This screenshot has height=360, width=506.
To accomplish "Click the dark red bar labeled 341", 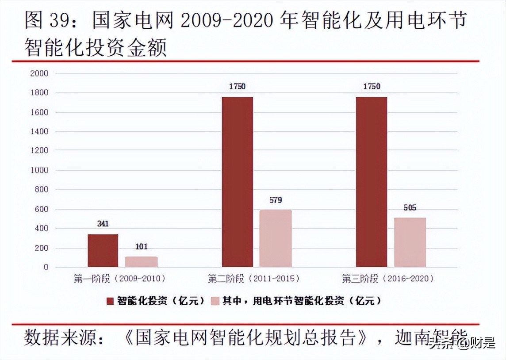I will [103, 251].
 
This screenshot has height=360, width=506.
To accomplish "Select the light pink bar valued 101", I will [141, 262].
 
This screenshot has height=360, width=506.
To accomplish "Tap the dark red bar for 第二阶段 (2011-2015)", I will [238, 182].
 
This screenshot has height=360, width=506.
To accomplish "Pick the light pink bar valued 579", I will [275, 238].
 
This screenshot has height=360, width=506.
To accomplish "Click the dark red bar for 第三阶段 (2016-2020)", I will [372, 182].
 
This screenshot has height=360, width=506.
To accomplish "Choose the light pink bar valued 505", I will [410, 242].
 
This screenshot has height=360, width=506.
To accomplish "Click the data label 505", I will [410, 207].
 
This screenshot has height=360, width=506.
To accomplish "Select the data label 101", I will [141, 247].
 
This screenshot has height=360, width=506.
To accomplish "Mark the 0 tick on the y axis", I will [46, 268].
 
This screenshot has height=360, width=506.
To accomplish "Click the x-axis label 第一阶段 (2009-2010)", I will [119, 279].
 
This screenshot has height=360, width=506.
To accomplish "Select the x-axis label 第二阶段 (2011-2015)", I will [253, 279].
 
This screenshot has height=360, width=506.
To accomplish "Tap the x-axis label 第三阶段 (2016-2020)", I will [388, 279].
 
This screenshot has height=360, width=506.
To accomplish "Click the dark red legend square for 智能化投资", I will [110, 301].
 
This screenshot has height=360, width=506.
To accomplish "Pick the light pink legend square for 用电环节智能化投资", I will [215, 301].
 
